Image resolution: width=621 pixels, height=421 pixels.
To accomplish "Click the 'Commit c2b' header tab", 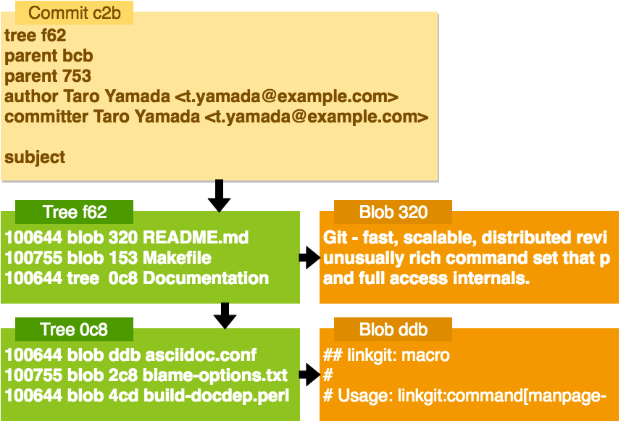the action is point(74,12).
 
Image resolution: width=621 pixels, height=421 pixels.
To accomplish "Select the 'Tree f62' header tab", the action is point(74,212).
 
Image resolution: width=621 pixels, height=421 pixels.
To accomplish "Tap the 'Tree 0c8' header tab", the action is point(74,329).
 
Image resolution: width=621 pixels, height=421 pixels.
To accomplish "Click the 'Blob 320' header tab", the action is point(393,212).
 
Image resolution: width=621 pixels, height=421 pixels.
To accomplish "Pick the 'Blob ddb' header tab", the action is point(393,329).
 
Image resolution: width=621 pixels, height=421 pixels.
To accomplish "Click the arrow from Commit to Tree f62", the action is point(219,196).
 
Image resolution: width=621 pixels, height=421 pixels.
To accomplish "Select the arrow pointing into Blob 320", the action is point(309,258).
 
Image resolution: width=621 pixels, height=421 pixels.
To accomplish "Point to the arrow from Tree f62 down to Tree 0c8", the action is point(225,316).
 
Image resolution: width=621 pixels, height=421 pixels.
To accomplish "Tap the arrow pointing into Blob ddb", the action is point(309,375).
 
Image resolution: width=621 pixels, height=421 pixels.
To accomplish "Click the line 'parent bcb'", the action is point(49,56).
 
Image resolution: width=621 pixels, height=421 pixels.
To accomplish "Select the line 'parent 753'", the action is point(48,76).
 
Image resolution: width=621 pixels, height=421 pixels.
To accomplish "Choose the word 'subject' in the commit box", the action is point(35,157).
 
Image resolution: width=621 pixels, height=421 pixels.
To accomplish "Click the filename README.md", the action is point(196,237).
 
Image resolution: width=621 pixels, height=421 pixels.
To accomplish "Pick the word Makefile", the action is point(177,258).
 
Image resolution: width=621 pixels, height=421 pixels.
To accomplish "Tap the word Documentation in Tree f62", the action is point(206,278).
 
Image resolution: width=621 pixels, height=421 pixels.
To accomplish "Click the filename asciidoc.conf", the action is point(201,354).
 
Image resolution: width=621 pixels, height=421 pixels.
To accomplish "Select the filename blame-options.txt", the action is point(215,375).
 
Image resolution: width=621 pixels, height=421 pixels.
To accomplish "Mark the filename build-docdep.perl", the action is point(216,396).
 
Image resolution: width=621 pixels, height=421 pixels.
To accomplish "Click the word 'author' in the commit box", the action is point(31,96).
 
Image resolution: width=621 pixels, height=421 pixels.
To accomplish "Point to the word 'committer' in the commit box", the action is point(46,117).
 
